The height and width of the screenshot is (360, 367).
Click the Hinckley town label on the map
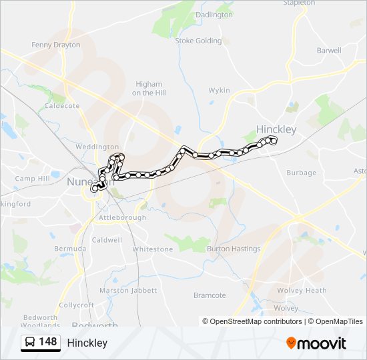[x=276, y=129]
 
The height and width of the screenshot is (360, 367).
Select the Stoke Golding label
[x=198, y=41]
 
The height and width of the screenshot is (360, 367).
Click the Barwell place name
[x=329, y=50]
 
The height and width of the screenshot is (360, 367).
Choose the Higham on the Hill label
[x=148, y=89]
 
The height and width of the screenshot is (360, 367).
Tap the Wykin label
[x=219, y=90]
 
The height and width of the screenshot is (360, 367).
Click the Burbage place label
[x=302, y=173]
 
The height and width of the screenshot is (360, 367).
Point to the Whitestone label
[x=152, y=249]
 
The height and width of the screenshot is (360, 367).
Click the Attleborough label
[x=122, y=217]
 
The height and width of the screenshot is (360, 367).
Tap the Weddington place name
[x=97, y=147]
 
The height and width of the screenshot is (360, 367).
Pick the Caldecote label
[x=62, y=105]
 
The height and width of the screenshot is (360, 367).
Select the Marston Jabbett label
[x=128, y=290]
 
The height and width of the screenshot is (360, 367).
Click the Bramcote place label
[x=210, y=295]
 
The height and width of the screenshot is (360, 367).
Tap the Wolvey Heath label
[x=302, y=290]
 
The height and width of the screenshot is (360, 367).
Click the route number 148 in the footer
[x=48, y=342]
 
